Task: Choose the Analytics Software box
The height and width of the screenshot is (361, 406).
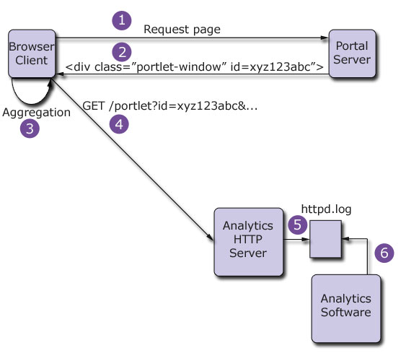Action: (347, 306)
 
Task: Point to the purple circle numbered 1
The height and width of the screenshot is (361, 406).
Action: (122, 20)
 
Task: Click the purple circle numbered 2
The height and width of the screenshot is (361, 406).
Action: (122, 51)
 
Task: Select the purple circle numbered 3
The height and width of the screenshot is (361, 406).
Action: (29, 129)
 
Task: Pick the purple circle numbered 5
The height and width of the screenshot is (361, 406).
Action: (298, 225)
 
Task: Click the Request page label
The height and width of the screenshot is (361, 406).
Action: (182, 30)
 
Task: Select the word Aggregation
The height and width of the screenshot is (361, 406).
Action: (36, 113)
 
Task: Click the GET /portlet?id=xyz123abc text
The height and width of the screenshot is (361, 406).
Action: (170, 104)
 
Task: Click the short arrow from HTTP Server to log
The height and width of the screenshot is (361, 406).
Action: (296, 243)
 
